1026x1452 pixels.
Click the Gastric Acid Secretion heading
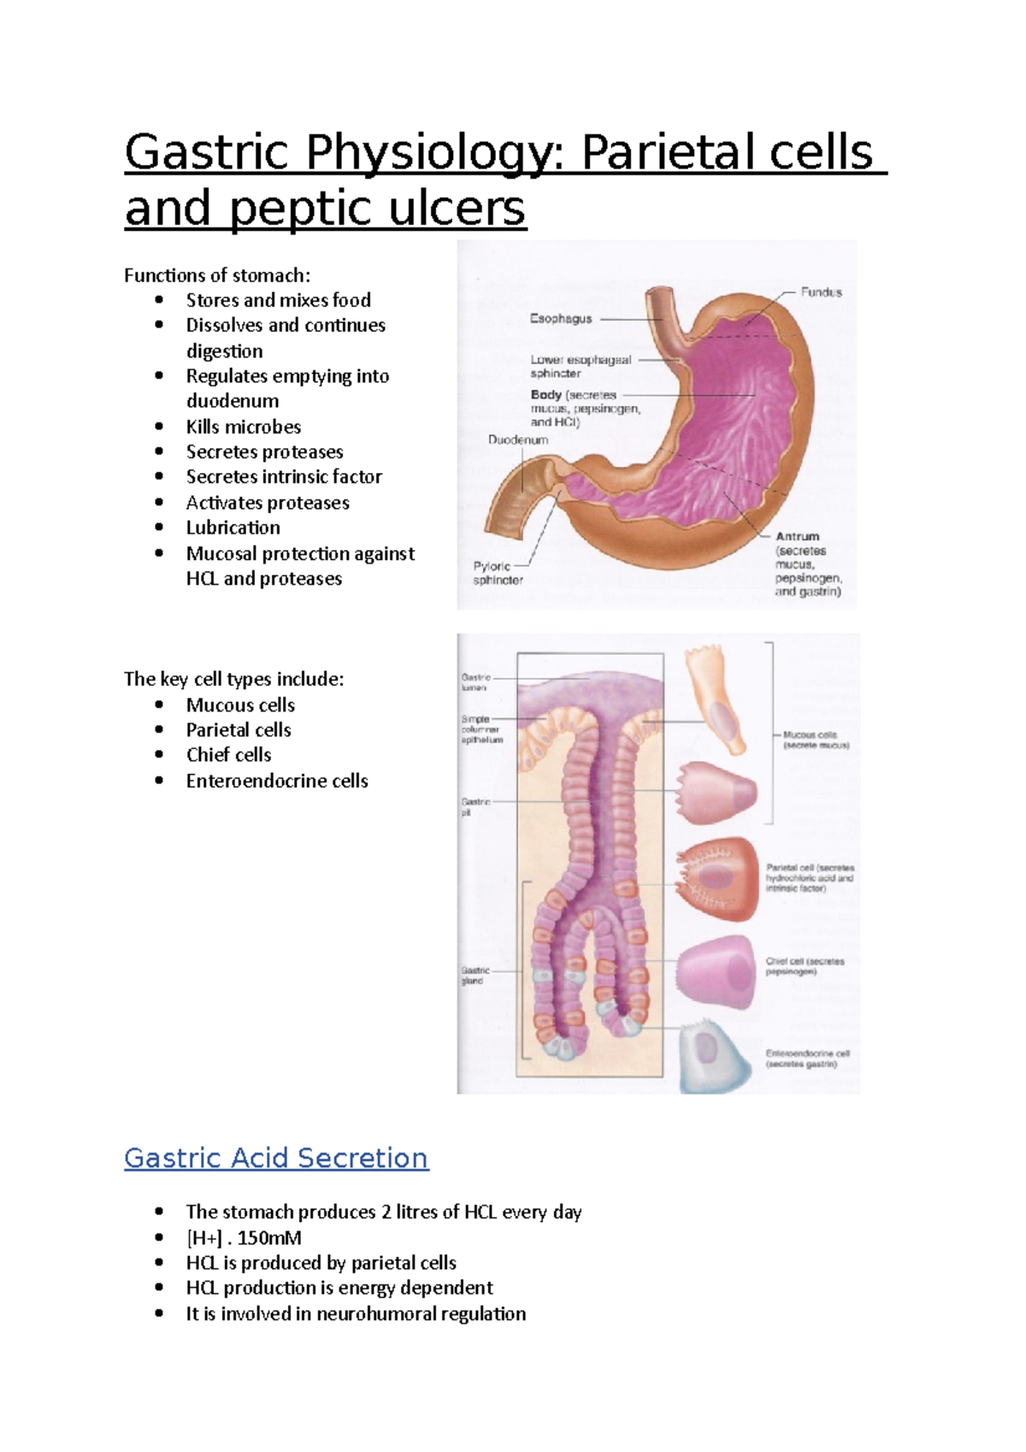tap(276, 1158)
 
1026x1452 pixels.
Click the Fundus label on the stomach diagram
tap(821, 292)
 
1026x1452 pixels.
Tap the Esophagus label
tap(561, 319)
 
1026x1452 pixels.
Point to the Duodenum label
tap(517, 440)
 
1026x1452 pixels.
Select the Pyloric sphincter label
tap(498, 573)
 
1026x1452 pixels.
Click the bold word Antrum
tap(797, 536)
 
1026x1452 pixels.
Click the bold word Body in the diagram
tap(545, 395)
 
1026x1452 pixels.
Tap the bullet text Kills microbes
tap(244, 427)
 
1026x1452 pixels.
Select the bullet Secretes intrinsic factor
tap(284, 476)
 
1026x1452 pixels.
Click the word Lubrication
tap(233, 528)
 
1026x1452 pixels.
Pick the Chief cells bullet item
tap(228, 755)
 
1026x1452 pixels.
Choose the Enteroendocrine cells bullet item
tap(277, 781)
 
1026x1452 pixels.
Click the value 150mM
tap(269, 1238)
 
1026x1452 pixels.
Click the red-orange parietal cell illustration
tap(716, 880)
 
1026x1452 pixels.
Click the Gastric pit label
tap(475, 807)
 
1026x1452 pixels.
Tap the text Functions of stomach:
tap(217, 275)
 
